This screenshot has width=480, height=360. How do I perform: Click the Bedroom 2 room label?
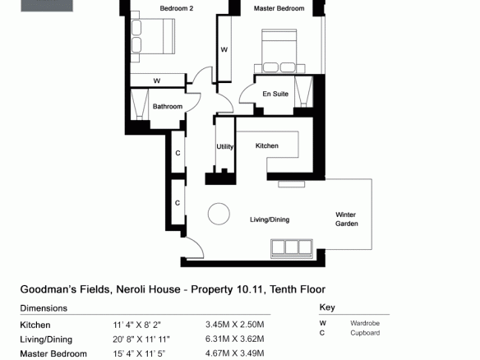coord(177,8)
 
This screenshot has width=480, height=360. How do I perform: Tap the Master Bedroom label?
coord(279,8)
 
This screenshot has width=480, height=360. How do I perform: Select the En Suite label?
coord(275,94)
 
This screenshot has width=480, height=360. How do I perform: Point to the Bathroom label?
coord(168,107)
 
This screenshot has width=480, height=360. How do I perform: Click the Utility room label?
coord(225,146)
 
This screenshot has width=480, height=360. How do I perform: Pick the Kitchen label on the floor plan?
coord(267,145)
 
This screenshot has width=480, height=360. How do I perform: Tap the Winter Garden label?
coord(347,219)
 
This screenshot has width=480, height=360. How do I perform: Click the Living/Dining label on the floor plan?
coord(270,219)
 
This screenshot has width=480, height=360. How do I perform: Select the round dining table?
coord(219,214)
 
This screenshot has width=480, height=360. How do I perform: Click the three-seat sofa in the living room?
coord(292,248)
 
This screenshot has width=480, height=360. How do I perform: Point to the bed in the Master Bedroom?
coord(279,51)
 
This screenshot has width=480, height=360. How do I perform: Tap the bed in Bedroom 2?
coord(153,36)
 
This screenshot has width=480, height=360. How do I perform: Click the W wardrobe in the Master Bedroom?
coord(224,49)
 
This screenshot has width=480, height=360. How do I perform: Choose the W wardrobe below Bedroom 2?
coord(158,81)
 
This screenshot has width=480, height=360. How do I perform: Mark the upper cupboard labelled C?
coord(178,152)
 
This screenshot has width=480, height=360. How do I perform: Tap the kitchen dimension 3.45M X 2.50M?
coord(235,325)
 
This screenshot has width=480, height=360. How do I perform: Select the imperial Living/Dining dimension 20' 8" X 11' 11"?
coord(141,339)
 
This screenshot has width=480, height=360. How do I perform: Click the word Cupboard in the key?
coord(365,333)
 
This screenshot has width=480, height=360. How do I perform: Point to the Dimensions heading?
coord(44,308)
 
